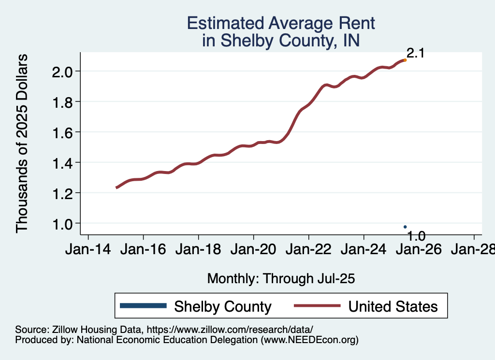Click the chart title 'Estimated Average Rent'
click(280, 23)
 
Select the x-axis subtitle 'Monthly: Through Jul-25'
click(281, 278)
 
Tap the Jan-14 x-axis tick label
click(87, 250)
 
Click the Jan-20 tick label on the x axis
click(253, 250)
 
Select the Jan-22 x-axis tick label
click(308, 250)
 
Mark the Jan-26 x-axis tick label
click(419, 250)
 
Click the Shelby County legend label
click(222, 306)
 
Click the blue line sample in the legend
click(143, 305)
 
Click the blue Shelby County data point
click(405, 227)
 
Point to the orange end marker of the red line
click(405, 60)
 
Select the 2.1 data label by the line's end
click(415, 53)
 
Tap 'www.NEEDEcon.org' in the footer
click(309, 340)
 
